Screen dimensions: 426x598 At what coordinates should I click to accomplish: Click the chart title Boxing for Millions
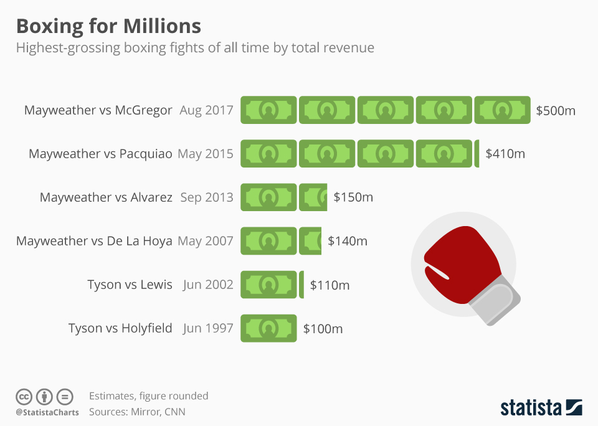coord(108,26)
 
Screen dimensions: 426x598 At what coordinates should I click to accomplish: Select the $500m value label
coord(556,111)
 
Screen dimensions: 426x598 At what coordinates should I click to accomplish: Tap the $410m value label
coord(505,154)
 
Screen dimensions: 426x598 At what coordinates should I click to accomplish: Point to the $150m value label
coord(353,197)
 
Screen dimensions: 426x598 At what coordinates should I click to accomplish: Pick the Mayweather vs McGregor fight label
coord(98,110)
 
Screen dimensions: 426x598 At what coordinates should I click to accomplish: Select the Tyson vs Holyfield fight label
coord(120,328)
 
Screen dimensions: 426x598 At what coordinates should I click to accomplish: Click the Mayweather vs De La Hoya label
coord(94,241)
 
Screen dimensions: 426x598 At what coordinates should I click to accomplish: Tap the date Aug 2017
coord(206,110)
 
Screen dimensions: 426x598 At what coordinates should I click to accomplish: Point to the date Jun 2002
coord(208,285)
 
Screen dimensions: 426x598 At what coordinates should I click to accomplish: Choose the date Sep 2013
coord(207,197)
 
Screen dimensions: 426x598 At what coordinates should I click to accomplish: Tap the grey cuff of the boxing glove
coord(496,303)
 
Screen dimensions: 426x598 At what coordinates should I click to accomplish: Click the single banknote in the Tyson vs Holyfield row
coord(268,328)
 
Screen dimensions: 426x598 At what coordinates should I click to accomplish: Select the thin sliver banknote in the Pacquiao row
coord(477,154)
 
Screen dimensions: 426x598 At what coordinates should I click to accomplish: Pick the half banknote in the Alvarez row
coord(313,197)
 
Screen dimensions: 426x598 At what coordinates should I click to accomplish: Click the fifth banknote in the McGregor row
coord(502,110)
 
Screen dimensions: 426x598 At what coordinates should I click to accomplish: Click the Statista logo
coord(541,408)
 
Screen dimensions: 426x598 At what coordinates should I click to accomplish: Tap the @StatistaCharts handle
coord(47,412)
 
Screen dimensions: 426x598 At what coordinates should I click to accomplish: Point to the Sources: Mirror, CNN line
coord(137,412)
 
